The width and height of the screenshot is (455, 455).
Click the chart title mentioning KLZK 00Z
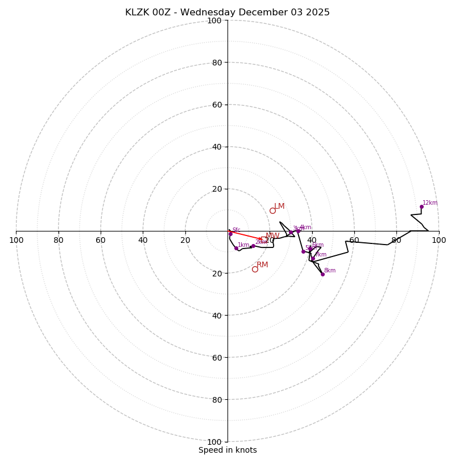pyautogui.click(x=227, y=13)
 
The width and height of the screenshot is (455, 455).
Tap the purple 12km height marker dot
pyautogui.click(x=421, y=206)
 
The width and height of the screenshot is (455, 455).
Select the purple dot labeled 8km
pyautogui.click(x=322, y=274)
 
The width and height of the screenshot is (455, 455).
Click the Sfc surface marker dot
pyautogui.click(x=230, y=234)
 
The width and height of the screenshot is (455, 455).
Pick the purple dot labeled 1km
pyautogui.click(x=236, y=248)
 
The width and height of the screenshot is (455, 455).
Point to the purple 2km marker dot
pyautogui.click(x=253, y=246)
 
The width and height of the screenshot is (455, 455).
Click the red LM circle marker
pyautogui.click(x=272, y=210)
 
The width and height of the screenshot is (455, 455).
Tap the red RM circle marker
pyautogui.click(x=255, y=269)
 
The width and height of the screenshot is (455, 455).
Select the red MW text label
pyautogui.click(x=272, y=235)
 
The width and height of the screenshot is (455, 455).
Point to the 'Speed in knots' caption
pyautogui.click(x=227, y=450)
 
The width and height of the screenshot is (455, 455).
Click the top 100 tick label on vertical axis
pyautogui.click(x=214, y=20)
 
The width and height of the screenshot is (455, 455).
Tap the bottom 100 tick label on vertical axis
pyautogui.click(x=214, y=442)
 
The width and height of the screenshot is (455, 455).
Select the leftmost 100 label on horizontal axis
pyautogui.click(x=16, y=240)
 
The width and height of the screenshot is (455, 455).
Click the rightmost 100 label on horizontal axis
pyautogui.click(x=439, y=240)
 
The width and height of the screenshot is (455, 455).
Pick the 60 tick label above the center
pyautogui.click(x=217, y=105)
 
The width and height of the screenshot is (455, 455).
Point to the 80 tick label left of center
pyautogui.click(x=59, y=240)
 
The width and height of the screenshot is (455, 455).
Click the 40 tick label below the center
pyautogui.click(x=217, y=315)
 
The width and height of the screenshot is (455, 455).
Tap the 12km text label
pyautogui.click(x=430, y=203)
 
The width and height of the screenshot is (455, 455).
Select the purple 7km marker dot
pyautogui.click(x=313, y=259)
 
